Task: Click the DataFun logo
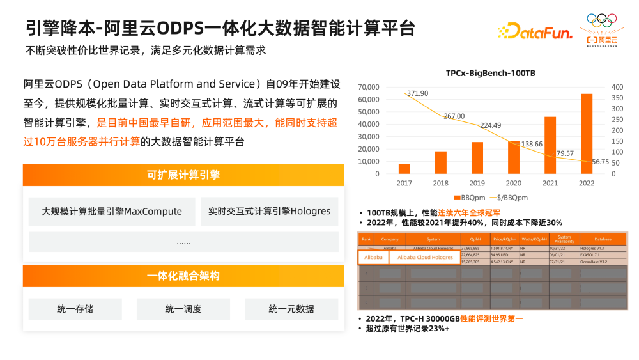534,31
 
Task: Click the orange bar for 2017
404,169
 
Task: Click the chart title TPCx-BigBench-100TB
491,74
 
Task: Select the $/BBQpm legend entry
511,198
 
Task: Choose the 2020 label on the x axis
513,183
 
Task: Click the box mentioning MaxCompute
112,212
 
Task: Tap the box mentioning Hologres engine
269,211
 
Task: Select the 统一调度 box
183,309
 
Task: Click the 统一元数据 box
291,309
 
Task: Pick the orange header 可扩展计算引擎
183,175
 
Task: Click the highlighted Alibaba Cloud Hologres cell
425,257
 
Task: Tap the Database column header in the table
603,239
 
